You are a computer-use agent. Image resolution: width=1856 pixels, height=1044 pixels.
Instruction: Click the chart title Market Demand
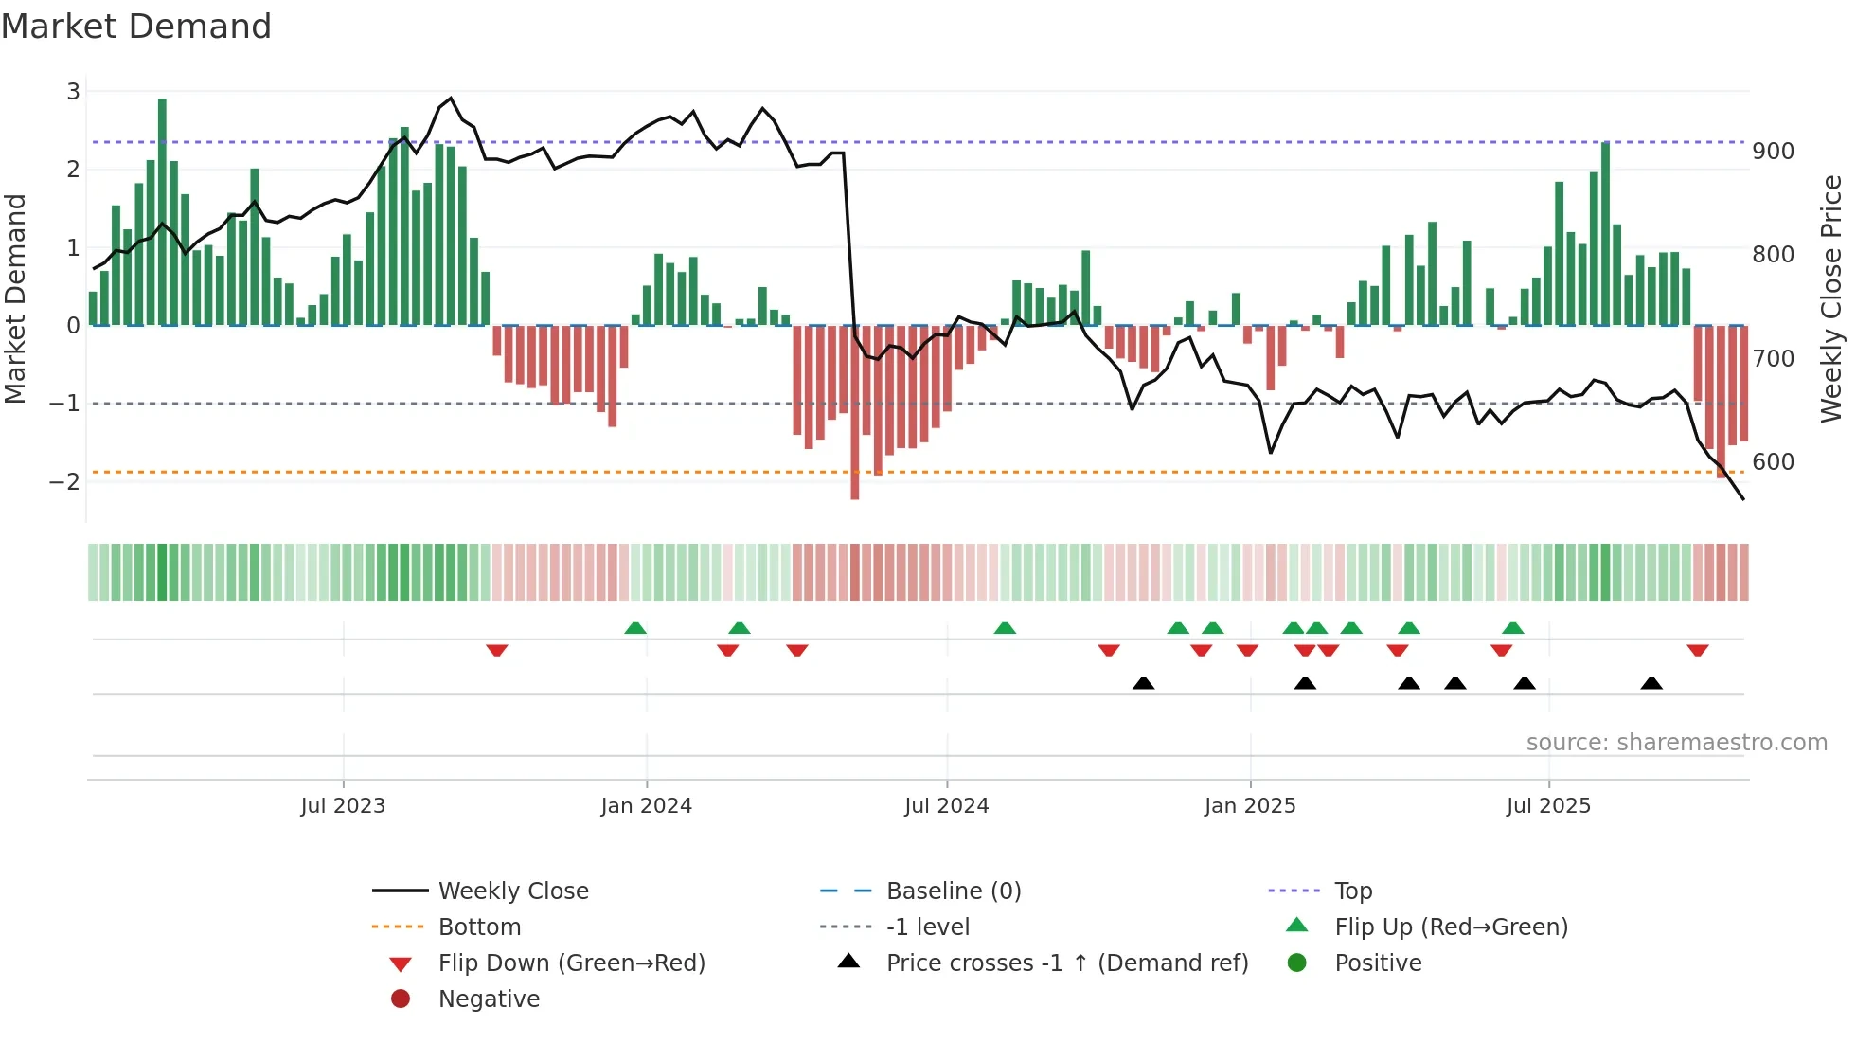[x=136, y=27]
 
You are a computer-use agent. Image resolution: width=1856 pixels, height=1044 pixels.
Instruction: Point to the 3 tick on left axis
[x=73, y=92]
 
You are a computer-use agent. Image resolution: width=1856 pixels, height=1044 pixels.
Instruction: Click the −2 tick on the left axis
[x=65, y=481]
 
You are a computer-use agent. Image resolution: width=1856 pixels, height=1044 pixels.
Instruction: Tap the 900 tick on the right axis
[x=1773, y=152]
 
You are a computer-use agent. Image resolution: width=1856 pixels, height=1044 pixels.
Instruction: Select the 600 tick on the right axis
[x=1773, y=462]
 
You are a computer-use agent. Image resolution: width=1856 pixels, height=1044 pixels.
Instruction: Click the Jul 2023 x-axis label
[x=343, y=806]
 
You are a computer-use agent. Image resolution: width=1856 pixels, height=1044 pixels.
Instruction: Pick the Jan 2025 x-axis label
[x=1250, y=806]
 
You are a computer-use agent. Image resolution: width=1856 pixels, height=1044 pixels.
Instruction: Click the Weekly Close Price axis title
[x=1831, y=298]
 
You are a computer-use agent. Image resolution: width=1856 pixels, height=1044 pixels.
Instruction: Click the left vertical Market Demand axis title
[x=16, y=298]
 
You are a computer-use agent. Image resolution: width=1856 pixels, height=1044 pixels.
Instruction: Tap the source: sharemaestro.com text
[x=1676, y=743]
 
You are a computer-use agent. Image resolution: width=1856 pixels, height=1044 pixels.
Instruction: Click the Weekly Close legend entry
[x=512, y=891]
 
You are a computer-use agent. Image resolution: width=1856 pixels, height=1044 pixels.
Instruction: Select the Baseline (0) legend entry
[x=953, y=891]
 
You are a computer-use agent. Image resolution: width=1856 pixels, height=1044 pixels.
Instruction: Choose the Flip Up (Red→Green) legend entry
[x=1451, y=927]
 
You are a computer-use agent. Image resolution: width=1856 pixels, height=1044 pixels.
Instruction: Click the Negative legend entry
[x=489, y=999]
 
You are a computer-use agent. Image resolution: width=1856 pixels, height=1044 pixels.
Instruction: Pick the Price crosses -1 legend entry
[x=1066, y=963]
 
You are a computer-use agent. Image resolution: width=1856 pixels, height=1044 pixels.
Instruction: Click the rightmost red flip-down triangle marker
[x=1697, y=650]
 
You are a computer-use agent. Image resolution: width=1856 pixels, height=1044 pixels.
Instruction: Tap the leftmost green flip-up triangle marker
[x=635, y=628]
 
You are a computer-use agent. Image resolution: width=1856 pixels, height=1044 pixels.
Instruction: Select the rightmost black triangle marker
[x=1651, y=683]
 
